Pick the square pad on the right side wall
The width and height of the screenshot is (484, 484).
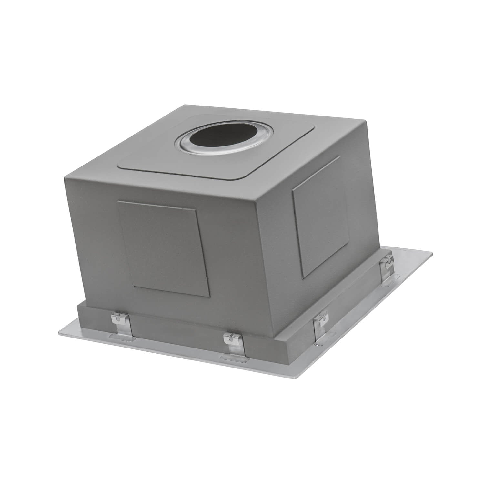tap(320, 217)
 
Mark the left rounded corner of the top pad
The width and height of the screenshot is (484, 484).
tap(119, 165)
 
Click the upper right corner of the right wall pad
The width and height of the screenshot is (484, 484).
tap(339, 157)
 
